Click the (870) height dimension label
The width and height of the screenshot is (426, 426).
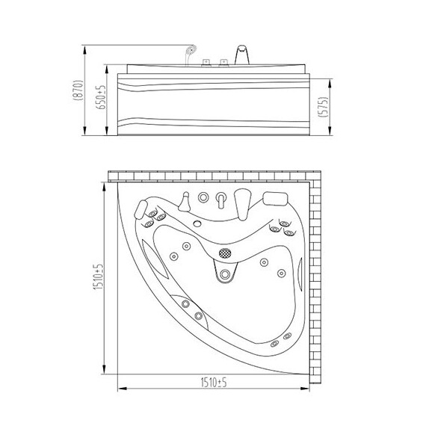click(x=78, y=90)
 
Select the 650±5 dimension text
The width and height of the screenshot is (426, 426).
click(x=101, y=97)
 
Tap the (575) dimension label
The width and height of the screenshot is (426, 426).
click(x=324, y=107)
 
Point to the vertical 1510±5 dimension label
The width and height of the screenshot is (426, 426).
click(x=99, y=277)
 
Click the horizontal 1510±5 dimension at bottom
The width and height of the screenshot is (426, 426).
click(x=214, y=383)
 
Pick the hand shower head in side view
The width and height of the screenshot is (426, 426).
click(x=191, y=50)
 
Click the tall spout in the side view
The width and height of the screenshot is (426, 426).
click(x=242, y=55)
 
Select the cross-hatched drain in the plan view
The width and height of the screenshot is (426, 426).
click(x=225, y=253)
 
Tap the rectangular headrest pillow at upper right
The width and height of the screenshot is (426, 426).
click(x=275, y=199)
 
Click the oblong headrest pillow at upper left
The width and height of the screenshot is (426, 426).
click(x=141, y=209)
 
